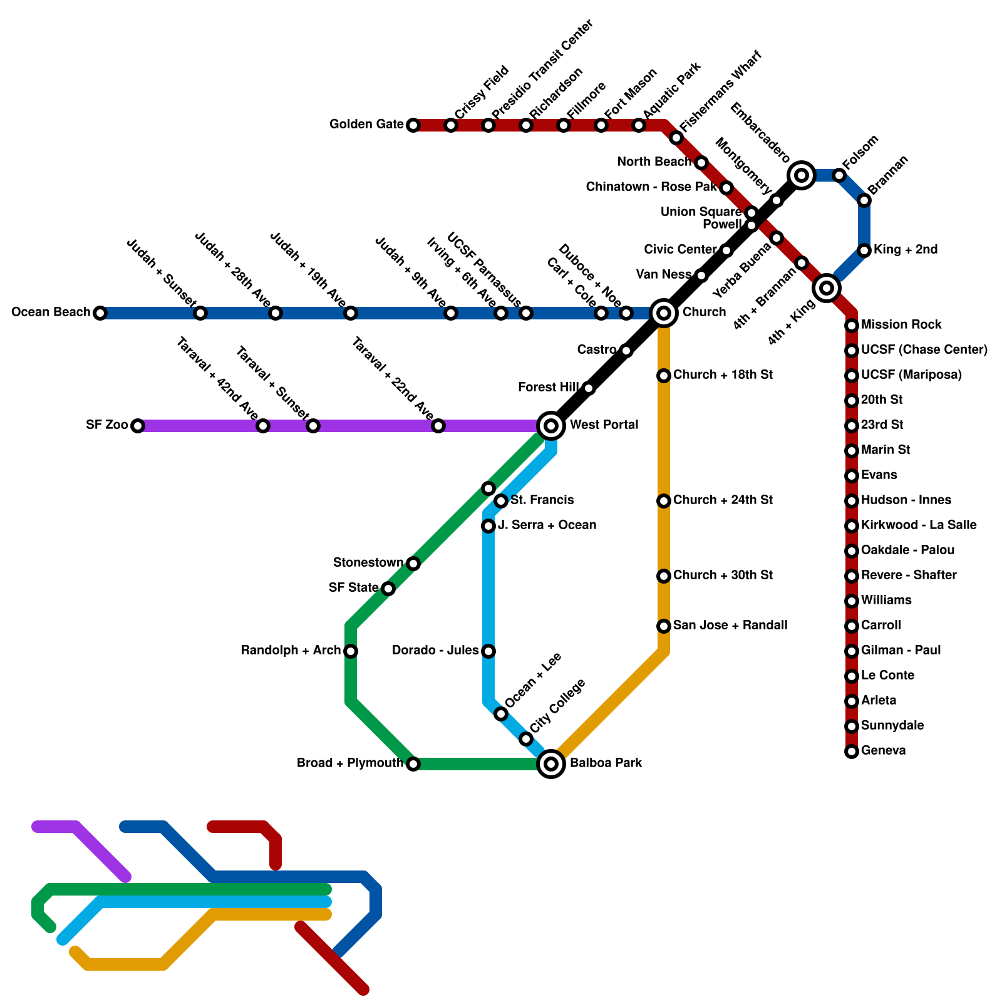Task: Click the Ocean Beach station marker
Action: (x=100, y=313)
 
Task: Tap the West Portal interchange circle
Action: (x=551, y=426)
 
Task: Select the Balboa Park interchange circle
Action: (x=551, y=764)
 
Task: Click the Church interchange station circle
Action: (x=664, y=313)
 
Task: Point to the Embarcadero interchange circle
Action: (x=802, y=175)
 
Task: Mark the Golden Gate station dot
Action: (x=413, y=125)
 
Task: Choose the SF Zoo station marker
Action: (x=138, y=426)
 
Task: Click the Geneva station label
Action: (x=883, y=751)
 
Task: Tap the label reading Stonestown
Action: (x=368, y=563)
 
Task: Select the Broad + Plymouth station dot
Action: (x=413, y=764)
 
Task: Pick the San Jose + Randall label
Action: (x=730, y=626)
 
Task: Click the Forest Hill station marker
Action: (x=589, y=388)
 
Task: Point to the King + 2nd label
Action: (x=906, y=250)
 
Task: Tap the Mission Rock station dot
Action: (x=852, y=326)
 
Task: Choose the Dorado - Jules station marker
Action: (x=488, y=651)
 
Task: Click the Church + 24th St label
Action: (x=723, y=500)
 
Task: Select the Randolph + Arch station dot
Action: (x=351, y=651)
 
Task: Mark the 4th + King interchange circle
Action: (x=827, y=288)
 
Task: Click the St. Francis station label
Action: (x=542, y=500)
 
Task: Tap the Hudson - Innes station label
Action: (x=906, y=500)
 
